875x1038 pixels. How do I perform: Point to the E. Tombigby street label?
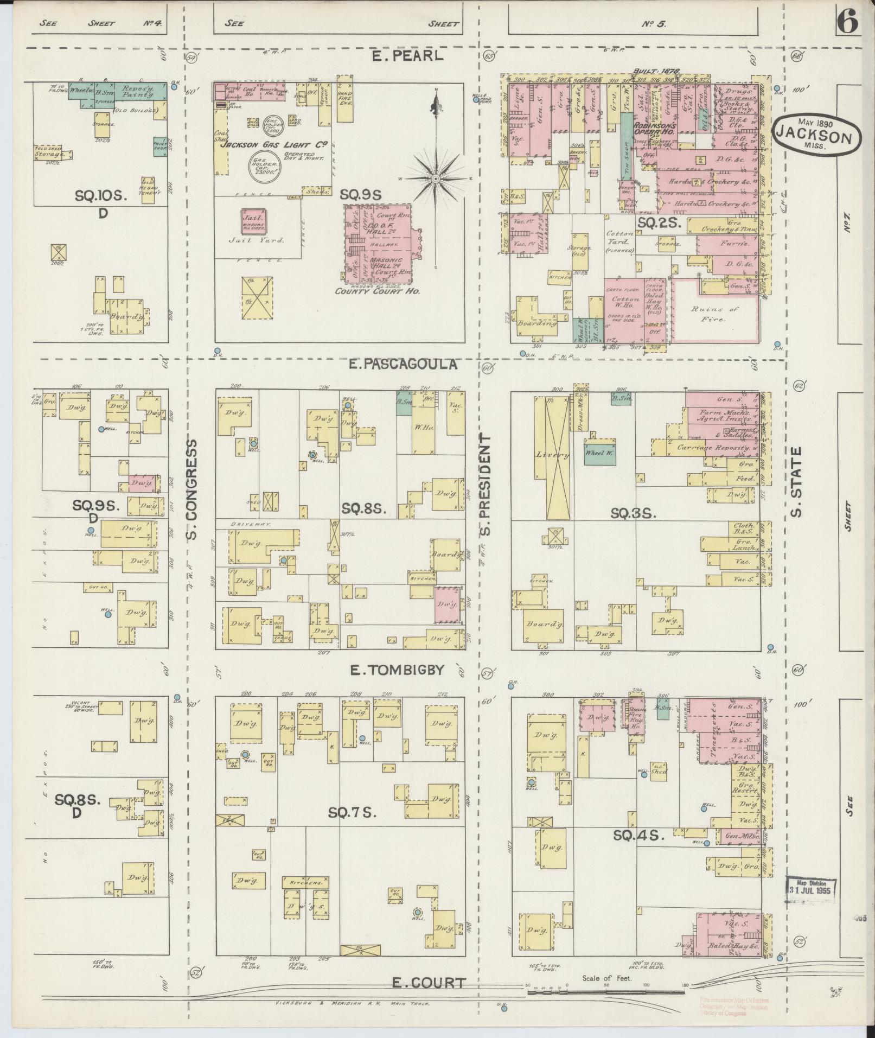[x=397, y=670]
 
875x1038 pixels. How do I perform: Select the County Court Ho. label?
[x=378, y=291]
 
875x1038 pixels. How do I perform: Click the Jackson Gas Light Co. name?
[x=272, y=145]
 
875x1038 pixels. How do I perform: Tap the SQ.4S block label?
[x=638, y=836]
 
